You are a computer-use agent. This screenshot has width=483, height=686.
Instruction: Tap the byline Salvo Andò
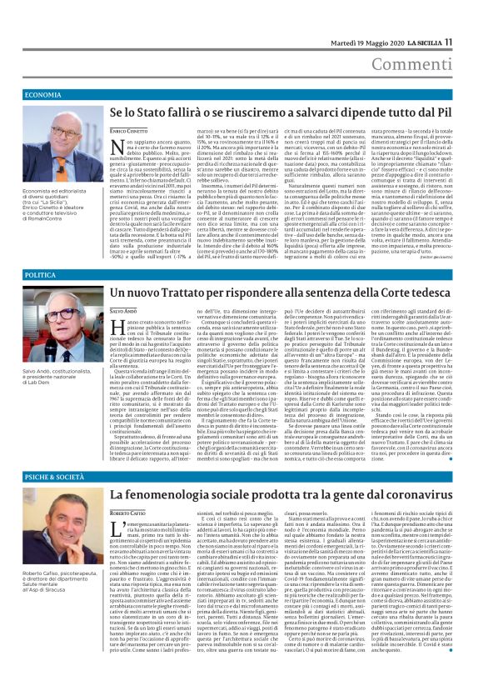point(125,310)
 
